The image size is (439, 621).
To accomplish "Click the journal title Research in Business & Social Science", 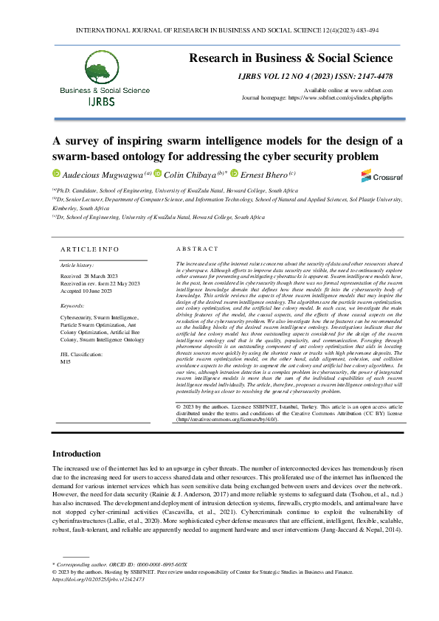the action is (290, 58).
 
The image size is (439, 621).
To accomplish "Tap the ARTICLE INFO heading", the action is (89, 249).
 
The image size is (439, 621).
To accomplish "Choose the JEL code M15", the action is (65, 341).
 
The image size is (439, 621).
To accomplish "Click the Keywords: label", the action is (72, 304).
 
